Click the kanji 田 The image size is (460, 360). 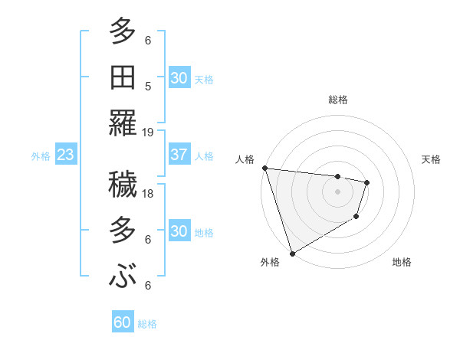tap(123, 77)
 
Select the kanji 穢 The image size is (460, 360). tap(123, 184)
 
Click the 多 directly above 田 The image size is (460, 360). tap(123, 32)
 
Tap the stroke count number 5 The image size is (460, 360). tap(147, 86)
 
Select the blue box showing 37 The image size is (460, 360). tap(179, 155)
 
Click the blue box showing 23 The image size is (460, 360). tap(65, 155)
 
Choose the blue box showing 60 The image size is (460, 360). tap(122, 322)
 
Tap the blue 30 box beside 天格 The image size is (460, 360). tap(179, 77)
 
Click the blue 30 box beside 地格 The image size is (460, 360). tap(179, 231)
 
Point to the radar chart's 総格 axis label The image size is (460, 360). tap(338, 100)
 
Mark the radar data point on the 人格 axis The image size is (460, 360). tap(264, 168)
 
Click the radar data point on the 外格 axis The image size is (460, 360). tap(292, 254)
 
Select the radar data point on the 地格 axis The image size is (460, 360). tap(356, 218)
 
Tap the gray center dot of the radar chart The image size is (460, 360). tap(338, 191)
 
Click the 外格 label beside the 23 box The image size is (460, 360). tap(41, 155)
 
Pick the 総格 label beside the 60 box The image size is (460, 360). tap(147, 323)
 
